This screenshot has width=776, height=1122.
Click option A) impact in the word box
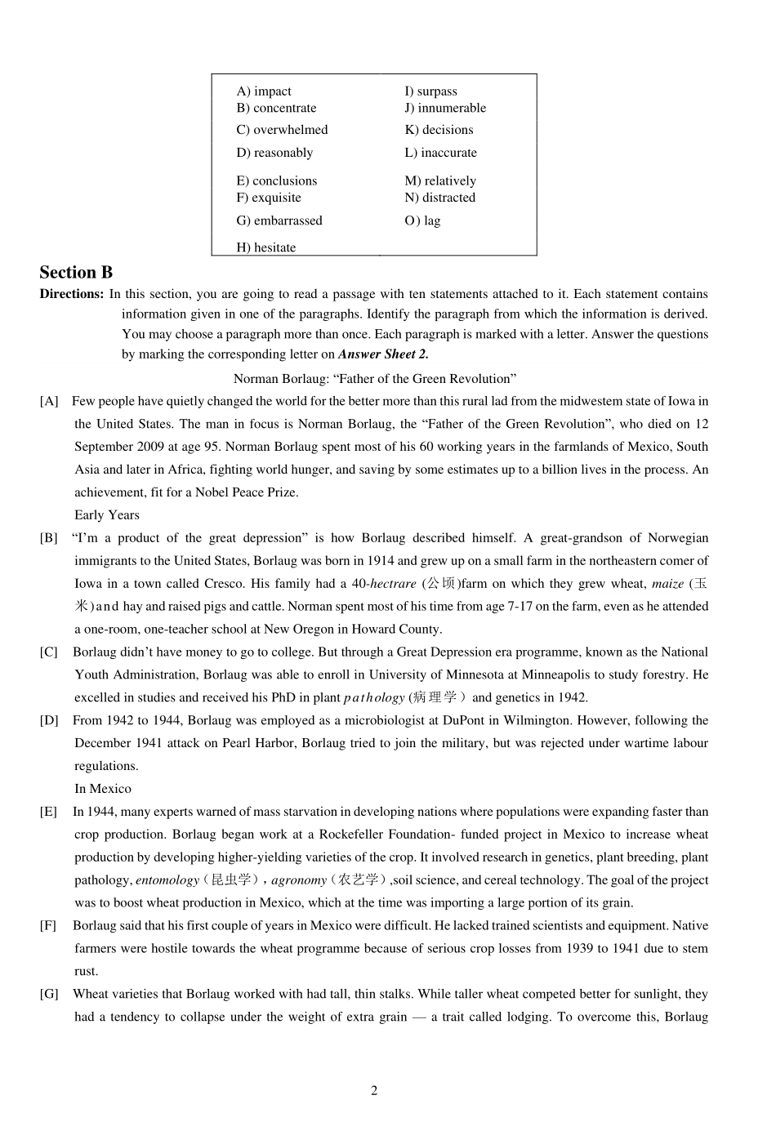tap(264, 91)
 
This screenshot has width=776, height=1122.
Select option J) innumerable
tap(445, 108)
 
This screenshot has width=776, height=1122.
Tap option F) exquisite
tap(269, 198)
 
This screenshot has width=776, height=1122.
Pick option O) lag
tap(422, 220)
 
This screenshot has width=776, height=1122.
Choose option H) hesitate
tap(266, 247)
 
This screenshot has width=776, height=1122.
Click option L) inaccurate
tap(441, 153)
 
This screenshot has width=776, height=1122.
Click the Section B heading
tap(76, 273)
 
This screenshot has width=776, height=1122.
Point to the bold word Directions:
tap(72, 294)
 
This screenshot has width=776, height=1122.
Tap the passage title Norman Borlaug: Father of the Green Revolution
tap(375, 378)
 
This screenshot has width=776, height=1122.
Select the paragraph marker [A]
tap(49, 401)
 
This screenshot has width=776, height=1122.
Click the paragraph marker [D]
tap(49, 720)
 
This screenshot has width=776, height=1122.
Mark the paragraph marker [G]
tap(49, 994)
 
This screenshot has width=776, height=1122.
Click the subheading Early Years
tap(107, 514)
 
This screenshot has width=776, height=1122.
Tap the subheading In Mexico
tap(103, 789)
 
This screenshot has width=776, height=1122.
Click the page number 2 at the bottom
tap(374, 1091)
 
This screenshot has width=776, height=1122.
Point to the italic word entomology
tap(167, 880)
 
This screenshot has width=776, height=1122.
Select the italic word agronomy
tap(299, 880)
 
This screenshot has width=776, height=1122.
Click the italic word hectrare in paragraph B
tap(393, 584)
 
